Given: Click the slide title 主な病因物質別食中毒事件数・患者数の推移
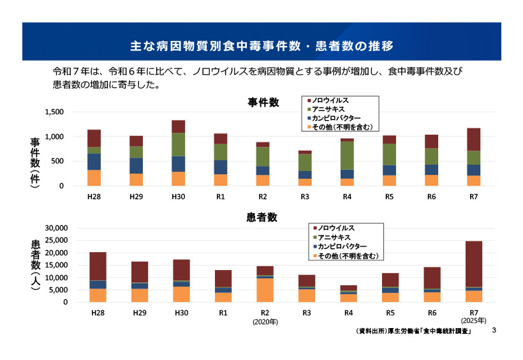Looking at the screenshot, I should [x=261, y=46].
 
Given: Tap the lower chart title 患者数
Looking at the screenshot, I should [x=261, y=218].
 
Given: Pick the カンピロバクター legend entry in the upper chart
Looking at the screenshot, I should [x=339, y=119].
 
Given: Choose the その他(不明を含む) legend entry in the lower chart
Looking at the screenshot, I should [x=348, y=255].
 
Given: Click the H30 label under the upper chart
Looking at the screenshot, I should [x=178, y=197].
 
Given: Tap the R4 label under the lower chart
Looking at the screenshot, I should [x=348, y=313].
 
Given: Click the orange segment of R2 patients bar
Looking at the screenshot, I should [x=265, y=290].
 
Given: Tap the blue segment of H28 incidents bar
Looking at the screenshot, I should [x=94, y=161].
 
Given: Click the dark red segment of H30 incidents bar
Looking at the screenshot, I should [x=178, y=126].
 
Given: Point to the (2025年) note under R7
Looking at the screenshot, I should [x=473, y=320].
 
